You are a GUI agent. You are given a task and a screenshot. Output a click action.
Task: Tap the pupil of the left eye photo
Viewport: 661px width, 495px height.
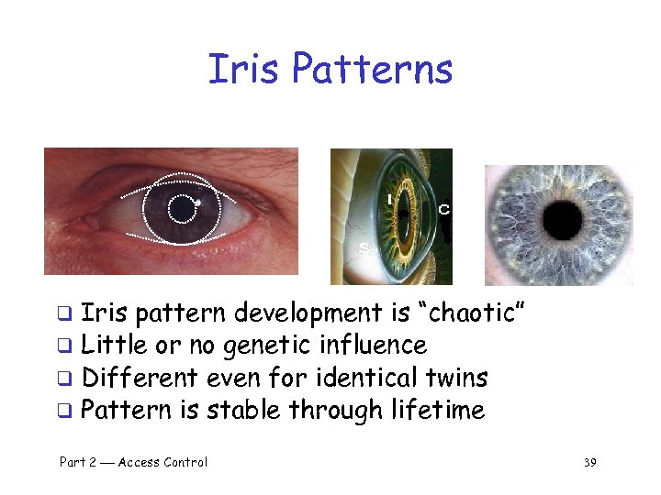(184, 210)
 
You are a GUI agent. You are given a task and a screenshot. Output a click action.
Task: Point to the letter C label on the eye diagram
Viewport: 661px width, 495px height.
(444, 210)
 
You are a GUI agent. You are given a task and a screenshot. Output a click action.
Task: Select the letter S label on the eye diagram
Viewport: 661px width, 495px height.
(364, 248)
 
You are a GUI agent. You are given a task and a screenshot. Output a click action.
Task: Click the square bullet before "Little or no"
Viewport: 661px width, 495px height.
(66, 346)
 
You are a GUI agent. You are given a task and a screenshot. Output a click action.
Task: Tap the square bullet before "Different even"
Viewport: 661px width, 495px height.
(66, 379)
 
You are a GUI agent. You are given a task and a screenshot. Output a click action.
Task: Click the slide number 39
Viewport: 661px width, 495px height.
(589, 462)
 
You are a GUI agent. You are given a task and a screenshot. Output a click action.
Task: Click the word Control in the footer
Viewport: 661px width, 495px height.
(186, 462)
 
